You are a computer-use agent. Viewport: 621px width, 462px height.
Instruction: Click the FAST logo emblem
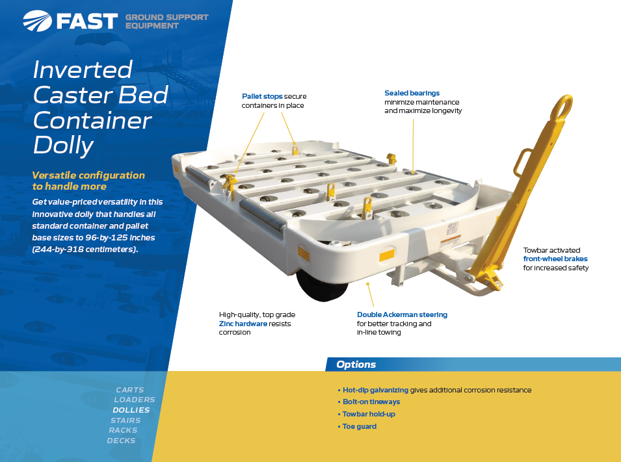37,21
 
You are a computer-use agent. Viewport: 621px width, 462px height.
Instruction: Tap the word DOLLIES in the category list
131,410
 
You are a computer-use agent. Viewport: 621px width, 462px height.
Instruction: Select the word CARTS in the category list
130,390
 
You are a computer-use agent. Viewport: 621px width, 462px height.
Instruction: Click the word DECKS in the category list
121,441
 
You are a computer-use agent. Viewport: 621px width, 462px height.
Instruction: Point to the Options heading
356,365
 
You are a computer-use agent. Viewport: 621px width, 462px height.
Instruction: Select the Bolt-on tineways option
371,402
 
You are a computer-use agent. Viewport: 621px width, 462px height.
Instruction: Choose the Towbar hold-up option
369,414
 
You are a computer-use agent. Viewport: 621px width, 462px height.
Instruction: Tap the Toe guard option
359,426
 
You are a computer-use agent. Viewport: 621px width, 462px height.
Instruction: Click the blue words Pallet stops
262,96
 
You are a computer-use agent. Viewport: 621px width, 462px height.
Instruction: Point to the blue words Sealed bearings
412,93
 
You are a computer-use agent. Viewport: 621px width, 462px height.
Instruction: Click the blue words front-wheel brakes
555,259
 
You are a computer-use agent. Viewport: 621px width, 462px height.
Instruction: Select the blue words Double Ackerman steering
402,314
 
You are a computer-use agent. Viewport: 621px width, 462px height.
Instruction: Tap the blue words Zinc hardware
243,324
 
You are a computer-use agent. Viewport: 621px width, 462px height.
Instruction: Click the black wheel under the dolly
322,286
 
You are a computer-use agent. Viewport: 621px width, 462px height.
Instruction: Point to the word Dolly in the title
63,146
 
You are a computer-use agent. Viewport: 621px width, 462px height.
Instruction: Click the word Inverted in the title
83,70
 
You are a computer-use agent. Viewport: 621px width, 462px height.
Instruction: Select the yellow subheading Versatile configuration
88,175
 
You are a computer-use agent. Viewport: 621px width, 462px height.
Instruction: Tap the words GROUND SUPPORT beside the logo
166,18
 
